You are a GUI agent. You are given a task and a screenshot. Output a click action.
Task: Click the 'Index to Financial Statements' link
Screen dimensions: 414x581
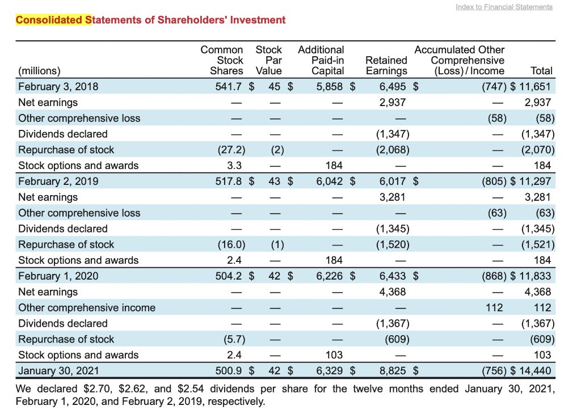click(504, 7)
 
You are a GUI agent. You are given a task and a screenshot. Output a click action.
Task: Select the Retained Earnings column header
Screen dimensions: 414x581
click(386, 65)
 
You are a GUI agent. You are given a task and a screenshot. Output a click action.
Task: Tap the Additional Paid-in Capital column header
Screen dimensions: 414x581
click(321, 60)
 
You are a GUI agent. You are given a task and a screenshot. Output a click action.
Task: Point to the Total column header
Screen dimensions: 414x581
click(541, 71)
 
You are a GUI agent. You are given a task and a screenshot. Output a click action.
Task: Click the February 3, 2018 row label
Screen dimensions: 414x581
click(58, 87)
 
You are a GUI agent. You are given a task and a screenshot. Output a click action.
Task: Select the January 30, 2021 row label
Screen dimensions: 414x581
click(58, 371)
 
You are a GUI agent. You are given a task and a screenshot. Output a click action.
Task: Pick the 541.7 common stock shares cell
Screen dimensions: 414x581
click(230, 87)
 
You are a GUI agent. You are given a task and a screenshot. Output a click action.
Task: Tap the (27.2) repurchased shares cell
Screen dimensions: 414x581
click(231, 150)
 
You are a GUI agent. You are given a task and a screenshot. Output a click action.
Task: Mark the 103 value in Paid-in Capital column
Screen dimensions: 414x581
click(334, 355)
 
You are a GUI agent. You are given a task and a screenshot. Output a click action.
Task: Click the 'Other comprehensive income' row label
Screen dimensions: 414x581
click(86, 308)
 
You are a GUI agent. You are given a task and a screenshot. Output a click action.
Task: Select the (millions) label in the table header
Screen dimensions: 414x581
click(39, 71)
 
